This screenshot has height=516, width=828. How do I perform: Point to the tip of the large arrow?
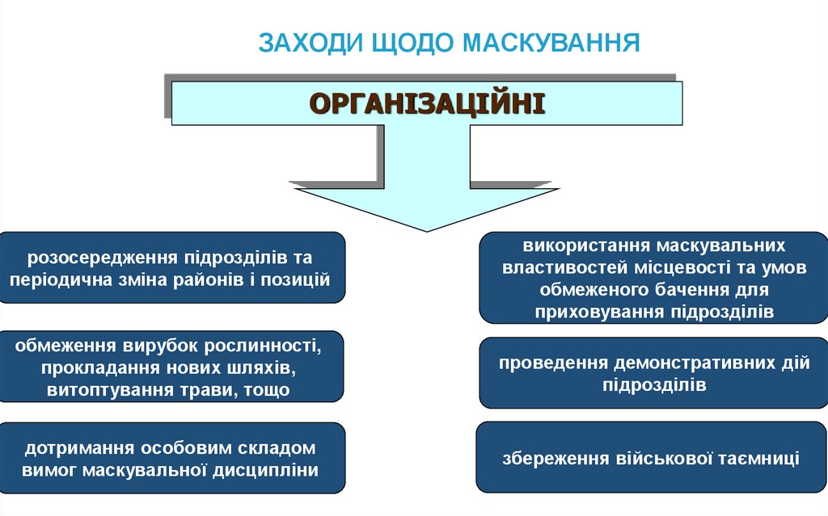pos(427,229)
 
